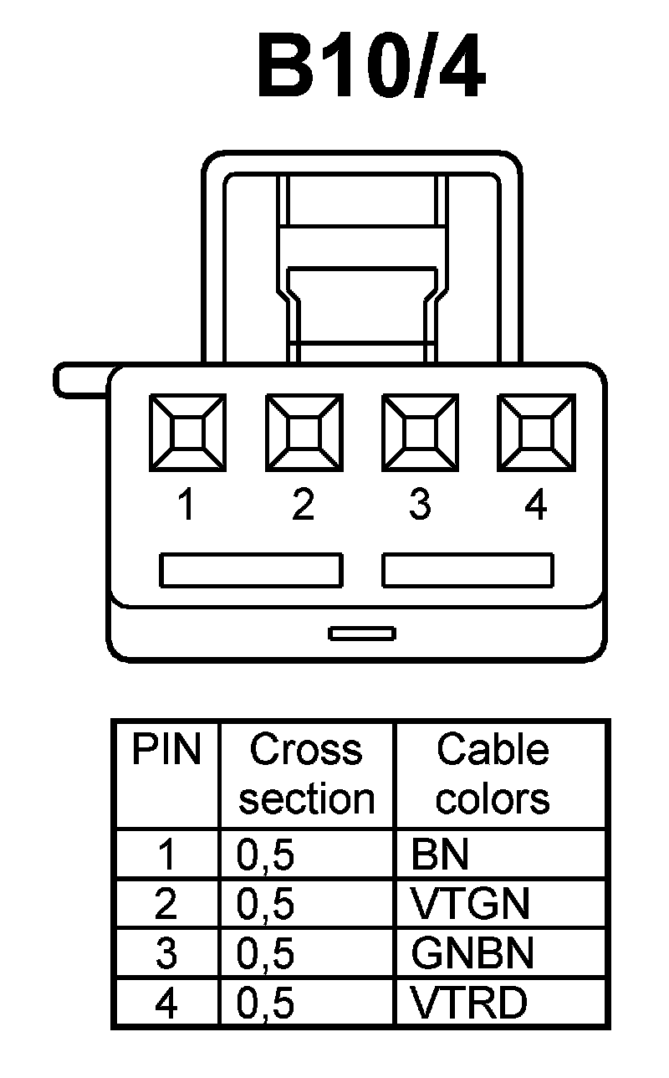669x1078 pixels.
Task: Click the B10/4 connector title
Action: (370, 68)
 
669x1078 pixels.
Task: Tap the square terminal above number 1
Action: (186, 432)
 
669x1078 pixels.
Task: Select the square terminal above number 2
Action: (303, 432)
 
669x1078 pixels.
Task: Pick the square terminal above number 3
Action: (420, 432)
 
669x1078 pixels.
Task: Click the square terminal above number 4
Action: (536, 432)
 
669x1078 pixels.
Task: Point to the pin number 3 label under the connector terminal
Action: (420, 506)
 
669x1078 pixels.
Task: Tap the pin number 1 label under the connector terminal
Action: (186, 506)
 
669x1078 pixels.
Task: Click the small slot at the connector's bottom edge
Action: (362, 634)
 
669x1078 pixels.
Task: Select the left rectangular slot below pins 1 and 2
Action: (251, 570)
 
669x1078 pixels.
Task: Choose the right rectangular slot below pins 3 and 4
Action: (467, 570)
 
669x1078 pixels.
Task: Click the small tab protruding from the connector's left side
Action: (80, 380)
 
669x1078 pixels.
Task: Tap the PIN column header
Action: (166, 751)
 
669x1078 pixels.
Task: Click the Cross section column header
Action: (306, 774)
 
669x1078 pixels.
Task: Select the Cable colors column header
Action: (493, 774)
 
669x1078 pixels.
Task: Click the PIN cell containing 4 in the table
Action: (166, 1003)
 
